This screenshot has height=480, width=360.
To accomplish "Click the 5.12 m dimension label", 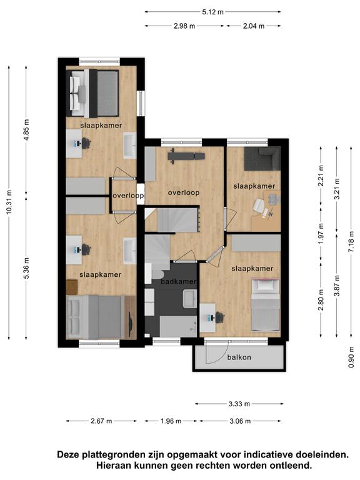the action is pyautogui.click(x=212, y=12).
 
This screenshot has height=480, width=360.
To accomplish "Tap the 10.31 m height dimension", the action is pyautogui.click(x=9, y=202).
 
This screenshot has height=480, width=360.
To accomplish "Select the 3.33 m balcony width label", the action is pyautogui.click(x=239, y=404).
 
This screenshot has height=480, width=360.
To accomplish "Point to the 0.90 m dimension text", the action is pyautogui.click(x=351, y=357).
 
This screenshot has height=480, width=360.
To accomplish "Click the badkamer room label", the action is pyautogui.click(x=178, y=281).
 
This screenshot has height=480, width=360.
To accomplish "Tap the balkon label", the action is pyautogui.click(x=239, y=357).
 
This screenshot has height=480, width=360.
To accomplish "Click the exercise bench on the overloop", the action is pyautogui.click(x=186, y=156).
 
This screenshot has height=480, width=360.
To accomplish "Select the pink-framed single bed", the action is pyautogui.click(x=266, y=305).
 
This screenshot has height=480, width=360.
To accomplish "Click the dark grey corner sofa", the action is pyautogui.click(x=262, y=158).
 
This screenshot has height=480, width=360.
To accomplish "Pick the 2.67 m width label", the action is pyautogui.click(x=101, y=421).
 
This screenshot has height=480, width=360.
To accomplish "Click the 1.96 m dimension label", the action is pyautogui.click(x=171, y=421).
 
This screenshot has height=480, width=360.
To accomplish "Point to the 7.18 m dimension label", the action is pyautogui.click(x=351, y=241).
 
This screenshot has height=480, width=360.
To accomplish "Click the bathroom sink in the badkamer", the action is pyautogui.click(x=190, y=299).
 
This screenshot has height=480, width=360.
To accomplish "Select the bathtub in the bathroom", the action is pyautogui.click(x=178, y=327).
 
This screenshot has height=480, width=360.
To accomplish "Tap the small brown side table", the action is pyautogui.click(x=72, y=287).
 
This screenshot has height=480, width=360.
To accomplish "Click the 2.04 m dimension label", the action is pyautogui.click(x=254, y=26).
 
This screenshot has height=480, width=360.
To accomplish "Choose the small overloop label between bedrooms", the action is pyautogui.click(x=128, y=195).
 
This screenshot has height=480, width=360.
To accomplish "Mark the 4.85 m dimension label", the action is pyautogui.click(x=27, y=130).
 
